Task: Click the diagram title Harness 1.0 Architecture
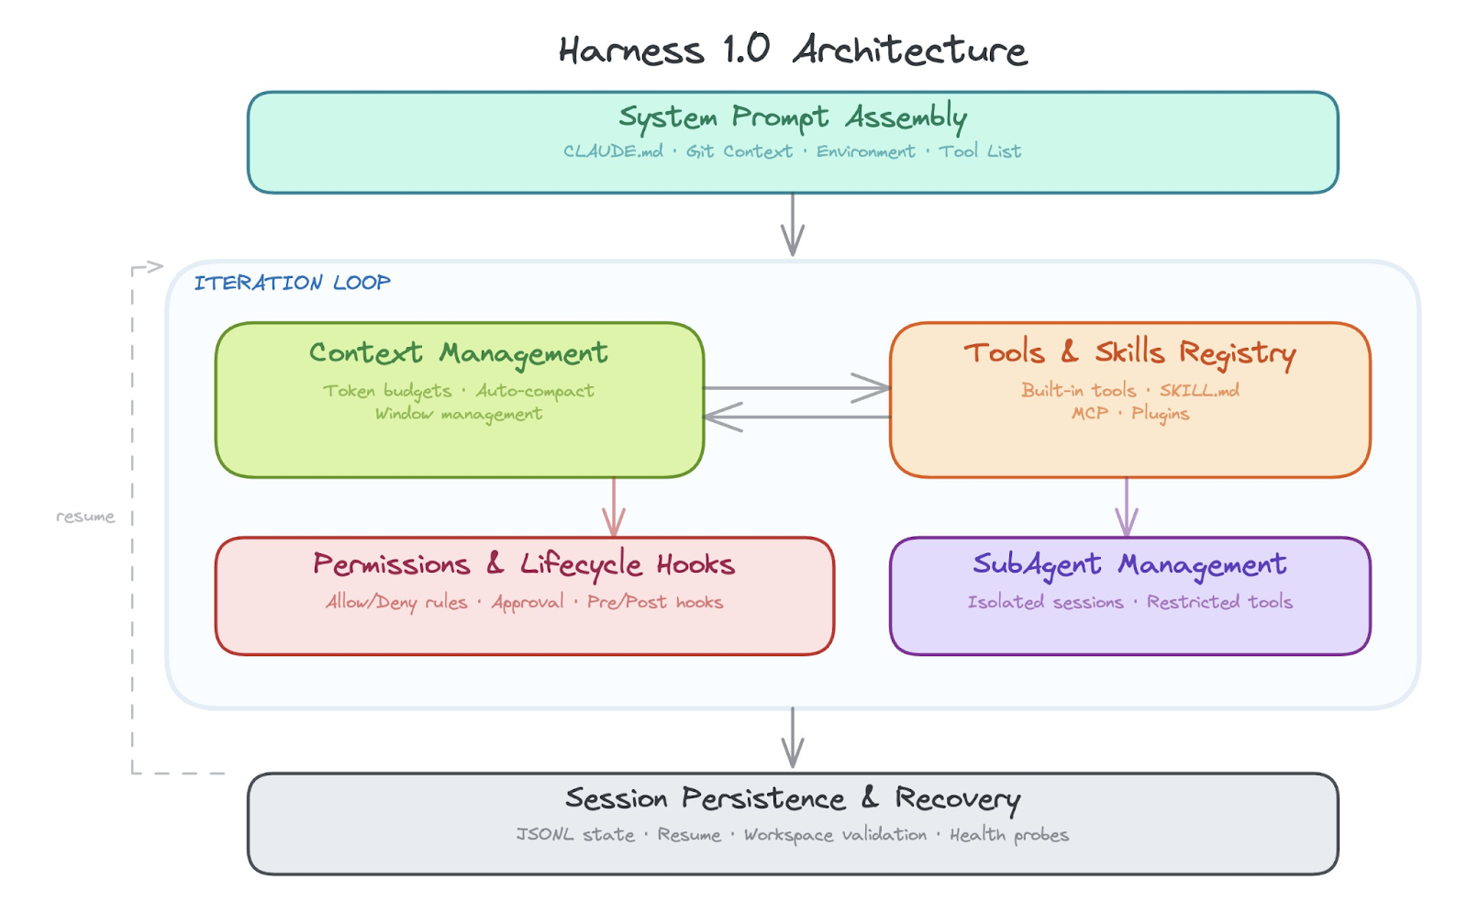(x=792, y=50)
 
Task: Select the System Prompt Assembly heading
(x=792, y=117)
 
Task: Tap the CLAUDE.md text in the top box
(x=613, y=151)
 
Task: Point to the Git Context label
(x=739, y=151)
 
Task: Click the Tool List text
(x=979, y=151)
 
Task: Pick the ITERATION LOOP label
(x=292, y=283)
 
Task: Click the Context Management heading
(x=458, y=353)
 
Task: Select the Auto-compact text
(x=534, y=391)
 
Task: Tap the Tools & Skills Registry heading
(x=1129, y=352)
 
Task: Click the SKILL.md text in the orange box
(x=1198, y=390)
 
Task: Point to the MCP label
(x=1090, y=414)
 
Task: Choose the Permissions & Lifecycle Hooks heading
(x=524, y=564)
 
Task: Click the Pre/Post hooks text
(x=655, y=603)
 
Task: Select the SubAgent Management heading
(x=1129, y=564)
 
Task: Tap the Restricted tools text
(x=1219, y=603)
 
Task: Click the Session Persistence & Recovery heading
(x=792, y=799)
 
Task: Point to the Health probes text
(x=1008, y=835)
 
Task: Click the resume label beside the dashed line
(x=85, y=517)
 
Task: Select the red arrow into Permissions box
(x=614, y=509)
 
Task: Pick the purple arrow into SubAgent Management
(x=1127, y=509)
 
